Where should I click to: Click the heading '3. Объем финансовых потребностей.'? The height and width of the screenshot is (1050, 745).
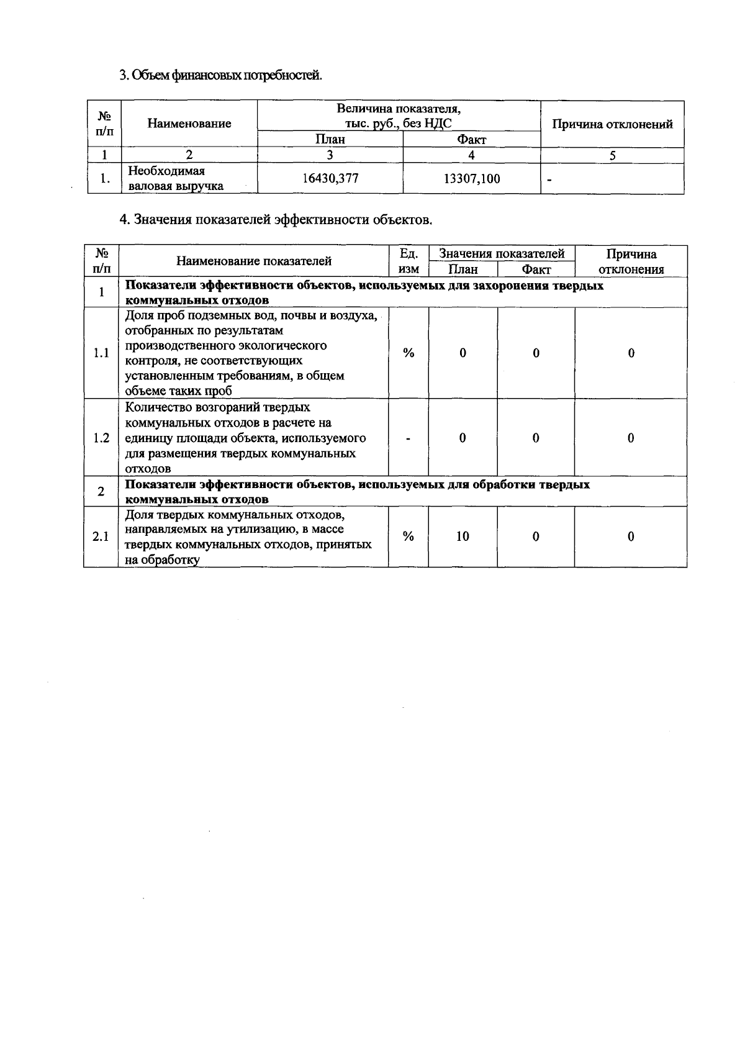pyautogui.click(x=220, y=76)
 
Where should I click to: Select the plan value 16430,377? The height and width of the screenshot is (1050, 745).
pyautogui.click(x=330, y=179)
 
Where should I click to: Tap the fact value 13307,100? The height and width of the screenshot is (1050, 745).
pyautogui.click(x=472, y=179)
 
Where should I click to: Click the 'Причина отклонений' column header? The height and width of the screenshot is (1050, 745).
pyautogui.click(x=612, y=124)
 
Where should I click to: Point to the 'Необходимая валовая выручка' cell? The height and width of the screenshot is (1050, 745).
pyautogui.click(x=175, y=179)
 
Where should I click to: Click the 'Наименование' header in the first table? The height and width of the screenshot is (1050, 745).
pyautogui.click(x=189, y=124)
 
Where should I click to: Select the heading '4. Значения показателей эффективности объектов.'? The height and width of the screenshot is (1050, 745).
pyautogui.click(x=275, y=220)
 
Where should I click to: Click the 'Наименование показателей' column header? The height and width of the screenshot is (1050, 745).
pyautogui.click(x=254, y=261)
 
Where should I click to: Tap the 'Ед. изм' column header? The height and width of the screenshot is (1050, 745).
pyautogui.click(x=409, y=261)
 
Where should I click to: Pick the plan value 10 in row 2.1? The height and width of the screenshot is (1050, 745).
pyautogui.click(x=463, y=536)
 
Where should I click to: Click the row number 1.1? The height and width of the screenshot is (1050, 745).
pyautogui.click(x=101, y=353)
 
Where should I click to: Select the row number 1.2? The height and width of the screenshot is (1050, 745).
pyautogui.click(x=101, y=438)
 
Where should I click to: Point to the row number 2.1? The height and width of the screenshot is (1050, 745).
pyautogui.click(x=101, y=536)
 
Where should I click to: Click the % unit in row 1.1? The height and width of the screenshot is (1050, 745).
pyautogui.click(x=409, y=353)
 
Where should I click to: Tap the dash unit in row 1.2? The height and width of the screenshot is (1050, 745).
pyautogui.click(x=409, y=438)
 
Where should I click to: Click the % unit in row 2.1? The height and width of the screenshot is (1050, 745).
pyautogui.click(x=409, y=536)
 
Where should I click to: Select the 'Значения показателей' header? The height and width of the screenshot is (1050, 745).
pyautogui.click(x=502, y=253)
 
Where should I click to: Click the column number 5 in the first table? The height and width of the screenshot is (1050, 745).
pyautogui.click(x=612, y=156)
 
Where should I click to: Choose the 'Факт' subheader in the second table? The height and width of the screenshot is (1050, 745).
pyautogui.click(x=536, y=269)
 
